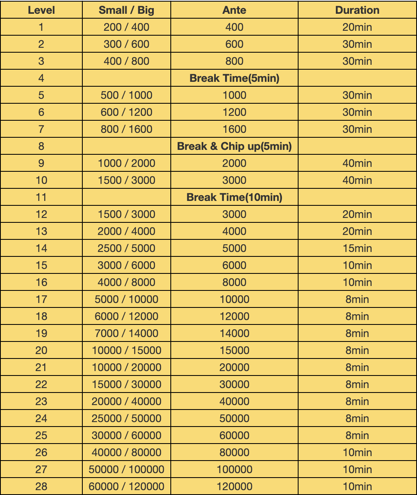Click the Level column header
point(41,10)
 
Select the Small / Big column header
point(126,10)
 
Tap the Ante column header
point(234,10)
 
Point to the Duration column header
point(357,10)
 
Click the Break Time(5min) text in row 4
point(234,78)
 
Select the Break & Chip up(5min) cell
point(234,146)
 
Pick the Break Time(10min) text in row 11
point(234,197)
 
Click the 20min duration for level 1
point(357,27)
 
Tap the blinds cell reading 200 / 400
point(126,27)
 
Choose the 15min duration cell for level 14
point(357,248)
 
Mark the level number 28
point(41,486)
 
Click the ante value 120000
point(234,486)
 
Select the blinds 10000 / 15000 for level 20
point(126,350)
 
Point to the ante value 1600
point(234,129)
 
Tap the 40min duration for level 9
point(357,163)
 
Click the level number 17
point(41,299)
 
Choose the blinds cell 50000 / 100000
point(126,469)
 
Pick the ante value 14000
point(234,333)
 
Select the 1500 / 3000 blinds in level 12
point(126,214)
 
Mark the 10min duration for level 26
point(357,452)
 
